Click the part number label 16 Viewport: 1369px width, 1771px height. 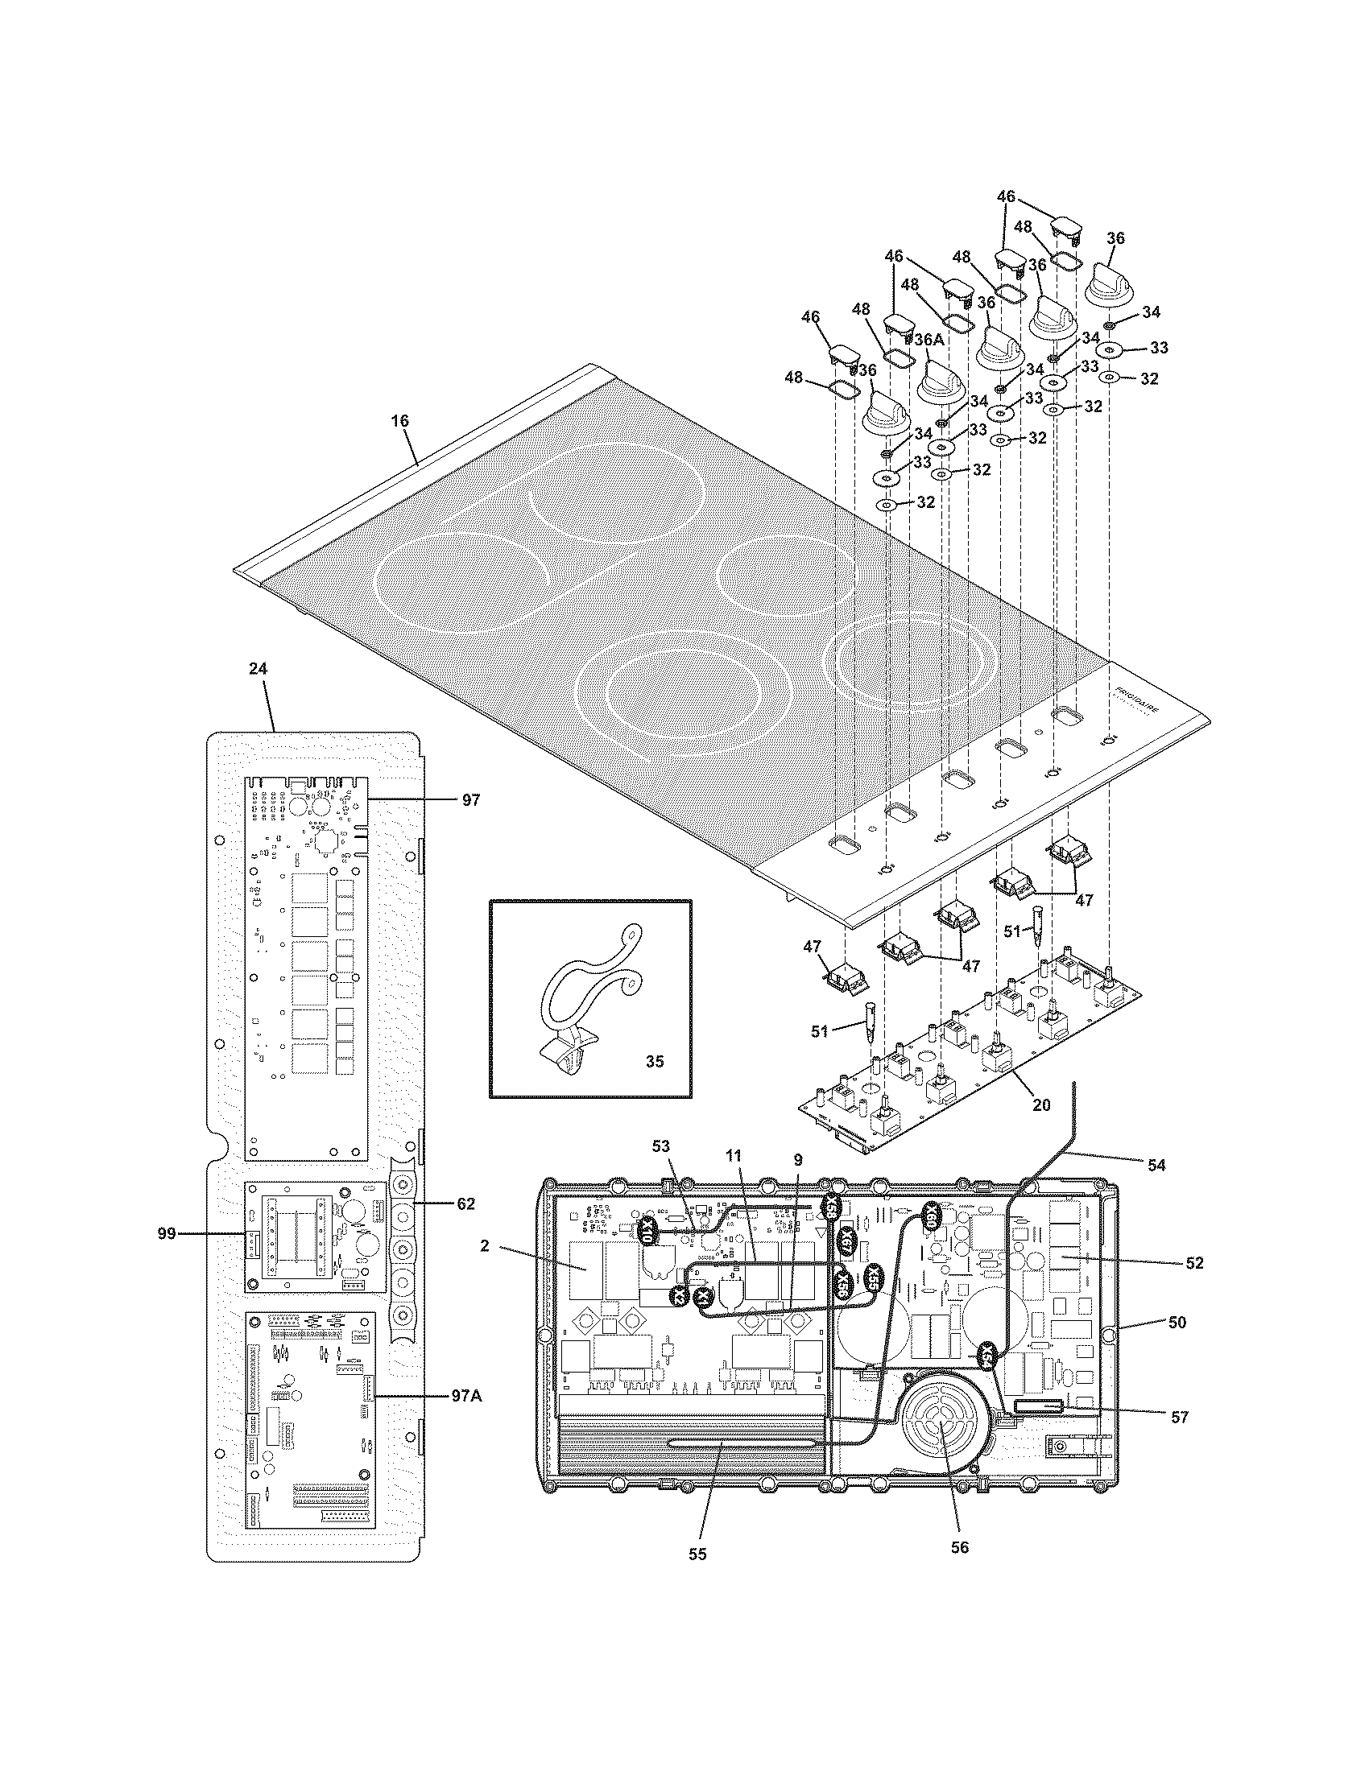coord(400,421)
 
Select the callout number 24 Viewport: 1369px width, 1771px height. coord(258,669)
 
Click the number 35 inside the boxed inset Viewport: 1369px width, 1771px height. coord(655,1062)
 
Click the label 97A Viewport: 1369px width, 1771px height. coord(467,1396)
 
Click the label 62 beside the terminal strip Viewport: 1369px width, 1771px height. coord(465,1203)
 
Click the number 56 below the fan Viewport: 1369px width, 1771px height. coord(959,1548)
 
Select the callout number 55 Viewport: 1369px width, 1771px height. coord(697,1554)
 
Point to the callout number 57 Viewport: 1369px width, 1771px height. coord(1179,1417)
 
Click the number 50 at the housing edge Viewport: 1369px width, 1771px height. coord(1177,1322)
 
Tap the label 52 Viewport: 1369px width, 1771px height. coord(1194,1262)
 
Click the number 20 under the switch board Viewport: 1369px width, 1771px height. coord(1041,1104)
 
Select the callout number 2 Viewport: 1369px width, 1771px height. coord(484,1245)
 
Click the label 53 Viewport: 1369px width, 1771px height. coord(662,1145)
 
